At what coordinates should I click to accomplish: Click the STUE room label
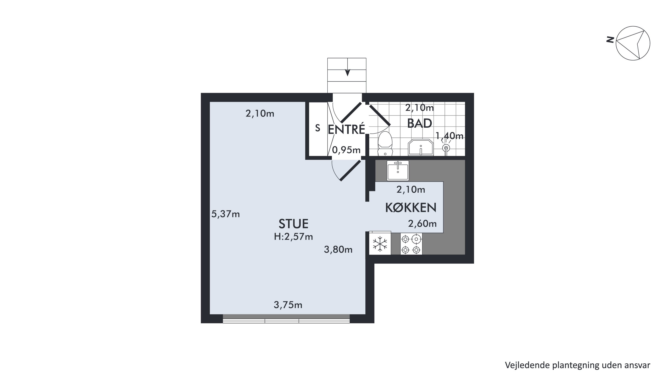(293, 224)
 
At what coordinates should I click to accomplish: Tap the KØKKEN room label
(411, 208)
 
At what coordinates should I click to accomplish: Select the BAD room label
(419, 123)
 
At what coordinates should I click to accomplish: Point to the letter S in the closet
(318, 128)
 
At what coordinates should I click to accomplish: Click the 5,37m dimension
(226, 214)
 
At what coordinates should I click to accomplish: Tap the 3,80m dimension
(338, 250)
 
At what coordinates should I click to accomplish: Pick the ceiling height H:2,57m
(293, 237)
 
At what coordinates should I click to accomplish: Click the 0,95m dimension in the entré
(346, 150)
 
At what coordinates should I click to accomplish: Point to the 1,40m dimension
(449, 136)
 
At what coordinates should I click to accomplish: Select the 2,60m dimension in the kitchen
(422, 224)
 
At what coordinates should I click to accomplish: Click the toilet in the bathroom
(385, 144)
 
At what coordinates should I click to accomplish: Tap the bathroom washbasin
(421, 147)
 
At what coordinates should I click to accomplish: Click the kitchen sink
(398, 171)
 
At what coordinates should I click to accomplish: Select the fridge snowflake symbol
(380, 244)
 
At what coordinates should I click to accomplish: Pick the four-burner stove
(411, 244)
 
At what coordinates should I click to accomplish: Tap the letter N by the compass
(610, 40)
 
